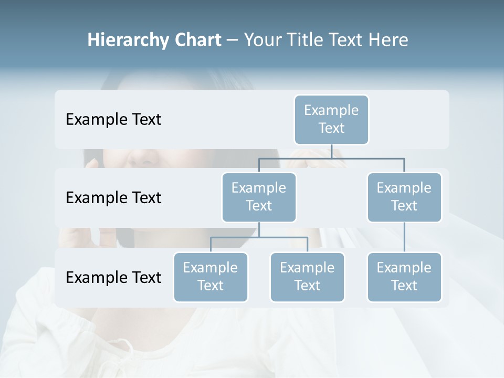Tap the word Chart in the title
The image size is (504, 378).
click(196, 40)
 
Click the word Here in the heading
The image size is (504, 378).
click(388, 40)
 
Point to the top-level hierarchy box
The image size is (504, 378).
click(331, 119)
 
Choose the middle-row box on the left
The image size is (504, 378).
click(259, 197)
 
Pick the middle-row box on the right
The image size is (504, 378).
click(404, 197)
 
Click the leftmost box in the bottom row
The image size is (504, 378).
click(211, 277)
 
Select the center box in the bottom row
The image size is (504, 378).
click(307, 277)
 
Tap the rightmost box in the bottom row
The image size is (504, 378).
click(404, 277)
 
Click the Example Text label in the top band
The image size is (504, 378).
click(113, 120)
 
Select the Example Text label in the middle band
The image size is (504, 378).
click(113, 198)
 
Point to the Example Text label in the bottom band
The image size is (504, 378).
click(113, 277)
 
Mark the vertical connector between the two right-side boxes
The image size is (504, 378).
click(404, 237)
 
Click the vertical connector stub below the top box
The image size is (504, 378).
click(331, 151)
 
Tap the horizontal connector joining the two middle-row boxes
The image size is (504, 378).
click(331, 158)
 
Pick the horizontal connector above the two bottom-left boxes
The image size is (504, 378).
click(259, 237)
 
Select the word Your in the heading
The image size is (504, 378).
click(261, 40)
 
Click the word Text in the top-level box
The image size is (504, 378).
click(331, 128)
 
